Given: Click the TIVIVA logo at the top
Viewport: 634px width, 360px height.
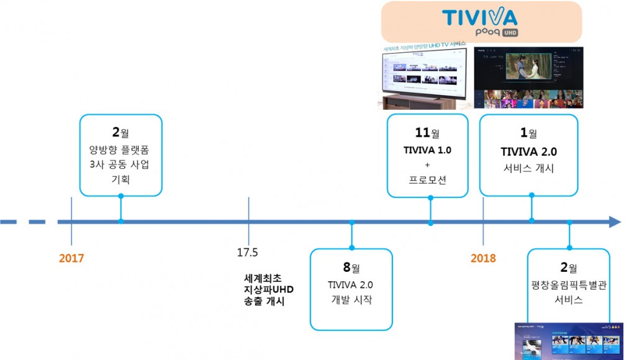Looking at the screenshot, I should point(480,17).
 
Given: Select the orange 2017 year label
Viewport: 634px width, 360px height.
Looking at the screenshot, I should point(71,258).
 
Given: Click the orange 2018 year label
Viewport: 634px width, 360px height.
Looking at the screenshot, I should point(483,258).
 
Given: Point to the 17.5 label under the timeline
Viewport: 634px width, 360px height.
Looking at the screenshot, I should point(247,253).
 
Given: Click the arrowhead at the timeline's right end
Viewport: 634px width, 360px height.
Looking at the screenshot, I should point(614,222).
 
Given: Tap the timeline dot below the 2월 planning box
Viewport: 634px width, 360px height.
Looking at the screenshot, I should point(120,222).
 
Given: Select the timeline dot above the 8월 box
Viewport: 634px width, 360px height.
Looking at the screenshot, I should point(351,222).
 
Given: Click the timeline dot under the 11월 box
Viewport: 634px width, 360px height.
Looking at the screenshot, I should point(430,222).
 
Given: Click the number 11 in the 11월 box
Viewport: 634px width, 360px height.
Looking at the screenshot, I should point(422,133).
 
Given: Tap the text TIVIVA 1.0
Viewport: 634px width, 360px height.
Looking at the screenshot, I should point(428,150).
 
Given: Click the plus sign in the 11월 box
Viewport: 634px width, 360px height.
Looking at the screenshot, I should point(427,165).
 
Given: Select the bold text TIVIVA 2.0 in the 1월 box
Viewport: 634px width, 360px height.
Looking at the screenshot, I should point(528,152).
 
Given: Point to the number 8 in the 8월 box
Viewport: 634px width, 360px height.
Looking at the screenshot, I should point(346,268).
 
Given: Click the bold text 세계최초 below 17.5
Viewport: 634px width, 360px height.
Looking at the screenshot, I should point(263,277).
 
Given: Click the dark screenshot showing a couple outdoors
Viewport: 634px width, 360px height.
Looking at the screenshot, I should point(528,77).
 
